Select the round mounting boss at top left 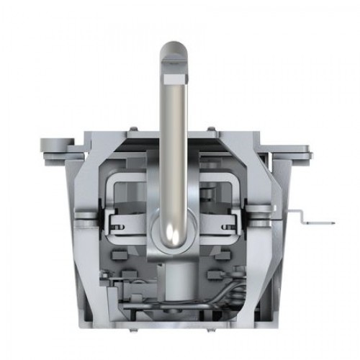coord(58,145)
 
